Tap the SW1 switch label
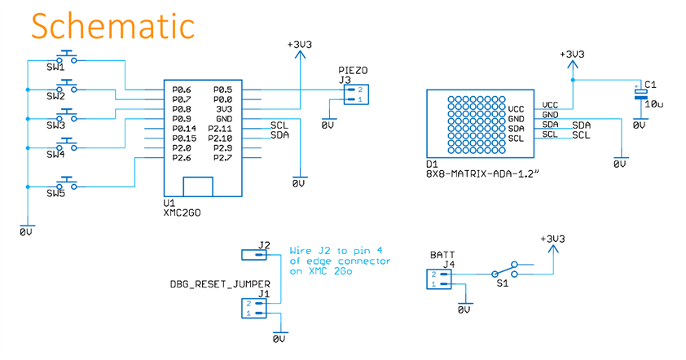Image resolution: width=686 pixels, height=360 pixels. (x=55, y=67)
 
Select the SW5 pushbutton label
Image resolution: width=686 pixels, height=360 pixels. (x=55, y=193)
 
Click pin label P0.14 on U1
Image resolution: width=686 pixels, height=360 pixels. (x=184, y=129)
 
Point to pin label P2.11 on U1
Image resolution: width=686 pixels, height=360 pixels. (x=221, y=129)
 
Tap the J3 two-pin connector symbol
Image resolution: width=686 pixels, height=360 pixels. (x=354, y=94)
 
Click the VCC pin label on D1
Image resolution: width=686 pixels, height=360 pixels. (x=517, y=108)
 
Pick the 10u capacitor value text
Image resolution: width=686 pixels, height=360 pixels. (x=653, y=104)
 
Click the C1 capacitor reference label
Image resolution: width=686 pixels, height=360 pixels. (x=649, y=84)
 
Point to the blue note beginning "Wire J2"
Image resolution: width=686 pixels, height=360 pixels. (x=341, y=261)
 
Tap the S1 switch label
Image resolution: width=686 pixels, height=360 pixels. (x=502, y=286)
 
